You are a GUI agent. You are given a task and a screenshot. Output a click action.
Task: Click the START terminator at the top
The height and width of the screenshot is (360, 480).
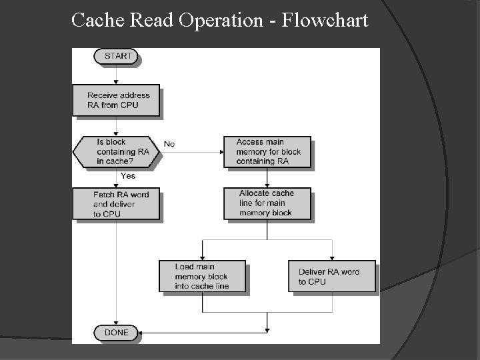tap(118, 56)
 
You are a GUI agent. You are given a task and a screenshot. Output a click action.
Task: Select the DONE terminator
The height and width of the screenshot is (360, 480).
tap(117, 332)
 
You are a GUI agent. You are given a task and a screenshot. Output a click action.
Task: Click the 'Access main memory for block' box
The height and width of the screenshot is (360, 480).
tap(267, 151)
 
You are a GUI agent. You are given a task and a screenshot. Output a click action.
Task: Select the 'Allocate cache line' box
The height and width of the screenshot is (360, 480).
tap(267, 203)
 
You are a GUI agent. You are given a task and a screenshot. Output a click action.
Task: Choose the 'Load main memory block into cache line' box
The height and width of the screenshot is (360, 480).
tap(202, 276)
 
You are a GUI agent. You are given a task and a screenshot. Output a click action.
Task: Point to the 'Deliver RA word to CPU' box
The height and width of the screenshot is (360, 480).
tap(331, 276)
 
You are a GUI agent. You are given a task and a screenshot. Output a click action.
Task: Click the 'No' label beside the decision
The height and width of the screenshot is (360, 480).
tap(169, 144)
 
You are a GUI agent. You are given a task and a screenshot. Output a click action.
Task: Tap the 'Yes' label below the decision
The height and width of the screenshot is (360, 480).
tap(128, 176)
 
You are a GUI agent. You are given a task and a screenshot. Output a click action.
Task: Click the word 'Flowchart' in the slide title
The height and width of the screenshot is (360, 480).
tap(325, 21)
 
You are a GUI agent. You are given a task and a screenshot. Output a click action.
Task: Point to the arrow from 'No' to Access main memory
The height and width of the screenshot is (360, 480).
tap(193, 151)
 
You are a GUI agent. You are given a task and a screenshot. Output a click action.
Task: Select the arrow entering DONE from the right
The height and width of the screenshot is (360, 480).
tap(200, 332)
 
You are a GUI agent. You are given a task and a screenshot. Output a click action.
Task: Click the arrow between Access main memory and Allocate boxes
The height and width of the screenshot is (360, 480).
tap(267, 177)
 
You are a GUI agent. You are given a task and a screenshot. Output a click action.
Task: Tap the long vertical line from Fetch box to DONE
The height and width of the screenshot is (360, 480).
tap(117, 273)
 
